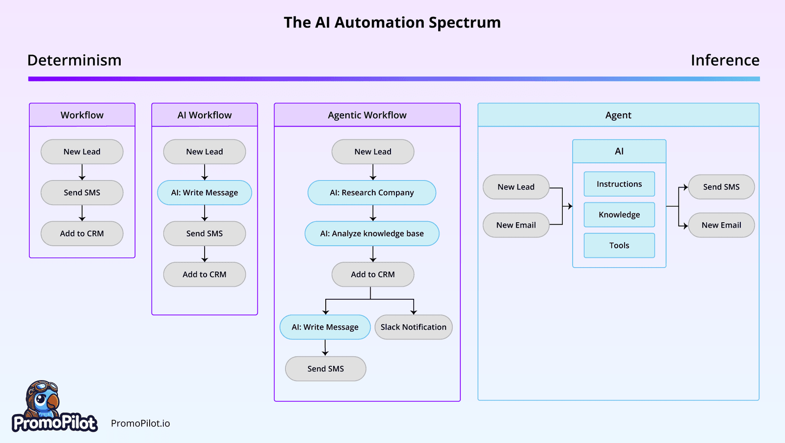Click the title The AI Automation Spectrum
pos(392,23)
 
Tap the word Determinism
pos(74,60)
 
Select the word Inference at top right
pos(725,60)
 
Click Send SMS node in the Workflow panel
pos(82,192)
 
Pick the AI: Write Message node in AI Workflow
pos(205,192)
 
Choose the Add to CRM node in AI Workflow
pos(205,274)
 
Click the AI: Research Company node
pos(371,192)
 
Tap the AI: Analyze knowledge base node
pos(372,234)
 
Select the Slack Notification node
pos(413,327)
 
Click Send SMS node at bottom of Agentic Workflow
pos(325,368)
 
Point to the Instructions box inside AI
pos(619,184)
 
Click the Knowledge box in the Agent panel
pos(619,214)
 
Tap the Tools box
pos(619,245)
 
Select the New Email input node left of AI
pos(516,225)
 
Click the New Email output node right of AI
pos(721,225)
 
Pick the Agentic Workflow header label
pos(367,115)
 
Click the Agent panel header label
pos(618,115)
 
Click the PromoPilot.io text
pos(140,423)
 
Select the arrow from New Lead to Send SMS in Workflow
pos(82,172)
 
